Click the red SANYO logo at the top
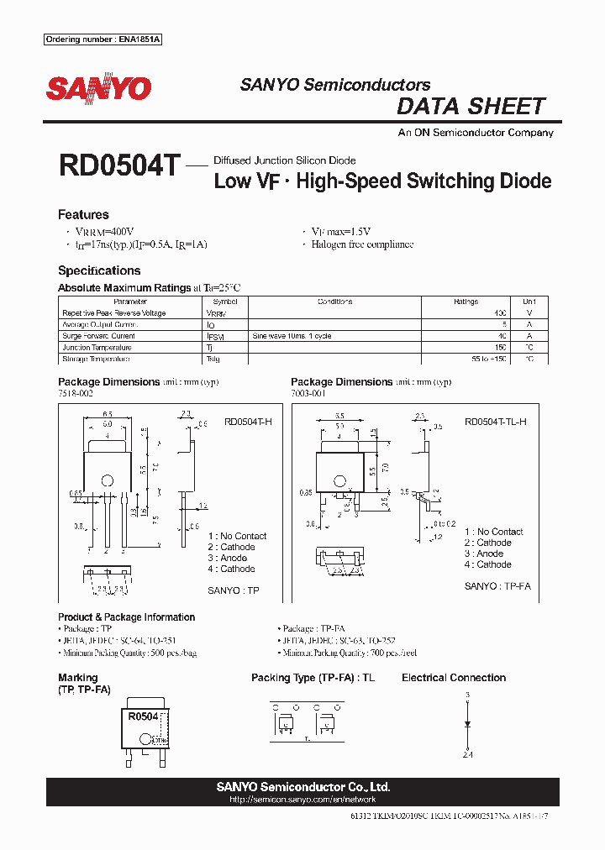(98, 88)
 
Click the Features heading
(83, 215)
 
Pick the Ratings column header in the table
(466, 302)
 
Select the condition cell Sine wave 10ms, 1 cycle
(292, 336)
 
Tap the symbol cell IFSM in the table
(216, 336)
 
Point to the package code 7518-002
(76, 393)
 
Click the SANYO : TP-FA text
(497, 586)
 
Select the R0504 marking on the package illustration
(143, 716)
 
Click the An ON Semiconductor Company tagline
(475, 133)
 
